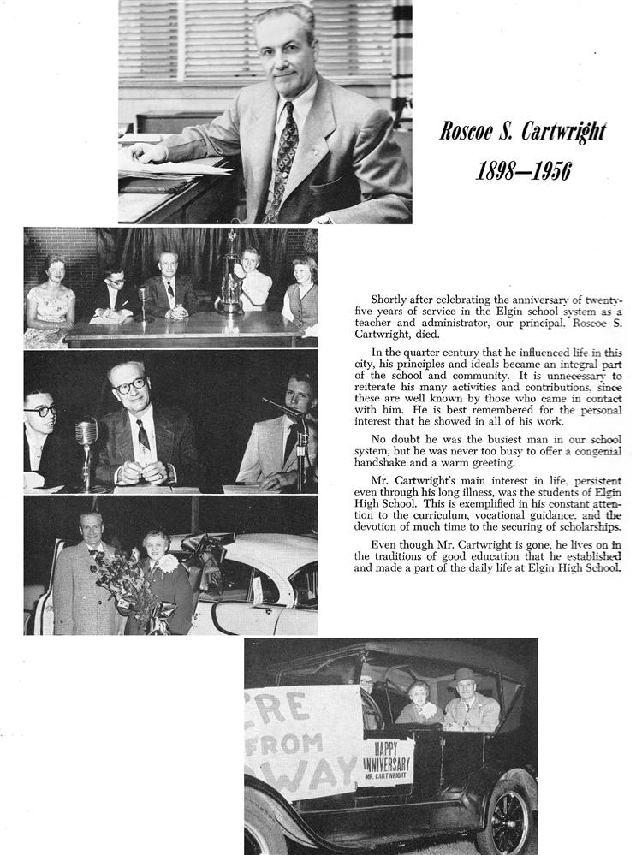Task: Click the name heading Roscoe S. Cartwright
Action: pyautogui.click(x=522, y=132)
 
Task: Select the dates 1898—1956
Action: pyautogui.click(x=522, y=170)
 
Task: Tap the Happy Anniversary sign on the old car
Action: pyautogui.click(x=386, y=758)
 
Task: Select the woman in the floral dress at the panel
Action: pyautogui.click(x=49, y=304)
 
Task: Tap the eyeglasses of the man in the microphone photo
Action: pyautogui.click(x=130, y=386)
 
